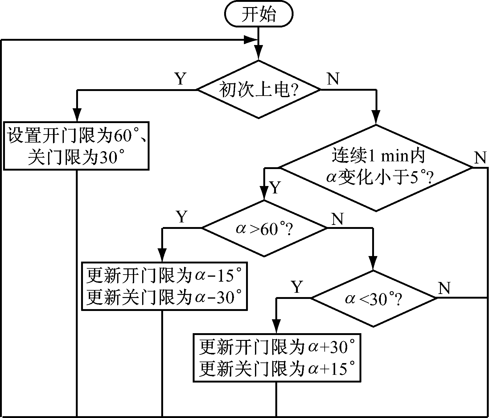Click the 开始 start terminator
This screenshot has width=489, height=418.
coord(258,15)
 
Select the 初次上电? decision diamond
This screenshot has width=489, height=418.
coord(258,90)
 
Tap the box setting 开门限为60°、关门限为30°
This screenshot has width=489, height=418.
coord(76,146)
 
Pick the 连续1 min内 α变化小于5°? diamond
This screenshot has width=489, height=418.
coord(376,168)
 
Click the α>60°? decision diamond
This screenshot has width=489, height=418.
coord(264,228)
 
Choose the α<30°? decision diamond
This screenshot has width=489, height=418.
coord(373,298)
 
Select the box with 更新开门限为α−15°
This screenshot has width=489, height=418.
coord(164,285)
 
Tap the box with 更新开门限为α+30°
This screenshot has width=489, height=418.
coord(277,358)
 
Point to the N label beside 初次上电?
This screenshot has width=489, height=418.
coord(333,79)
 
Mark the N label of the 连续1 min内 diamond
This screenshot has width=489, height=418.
coord(480,158)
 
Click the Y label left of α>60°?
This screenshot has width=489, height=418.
coord(182,217)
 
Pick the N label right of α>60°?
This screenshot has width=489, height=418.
coord(337,219)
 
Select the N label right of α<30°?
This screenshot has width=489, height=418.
coord(444,288)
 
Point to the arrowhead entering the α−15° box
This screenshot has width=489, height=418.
coord(162,256)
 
